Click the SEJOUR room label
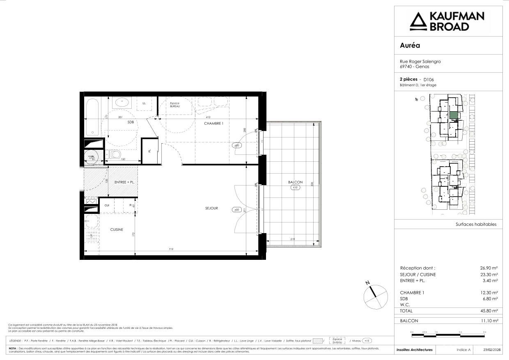pyautogui.click(x=211, y=209)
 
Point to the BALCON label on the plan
pyautogui.click(x=295, y=182)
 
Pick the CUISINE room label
pyautogui.click(x=117, y=230)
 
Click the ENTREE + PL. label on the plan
pyautogui.click(x=126, y=182)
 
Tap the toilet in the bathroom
pyautogui.click(x=115, y=155)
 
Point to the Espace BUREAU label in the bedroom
pyautogui.click(x=175, y=105)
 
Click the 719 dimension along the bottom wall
pyautogui.click(x=171, y=249)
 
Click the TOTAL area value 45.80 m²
pyautogui.click(x=489, y=311)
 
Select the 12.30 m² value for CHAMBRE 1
pyautogui.click(x=489, y=293)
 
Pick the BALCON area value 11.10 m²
pyautogui.click(x=489, y=321)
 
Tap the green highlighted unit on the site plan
pyautogui.click(x=453, y=115)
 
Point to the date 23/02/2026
pyautogui.click(x=492, y=350)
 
